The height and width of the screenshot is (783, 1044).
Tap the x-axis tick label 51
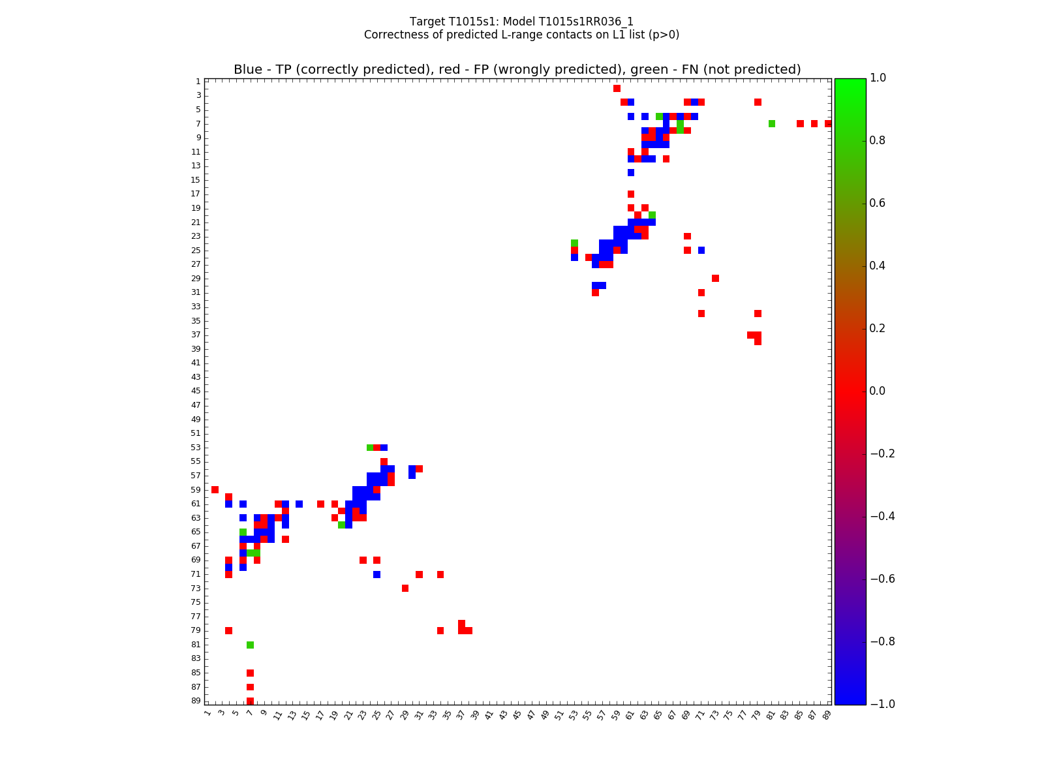[x=558, y=714]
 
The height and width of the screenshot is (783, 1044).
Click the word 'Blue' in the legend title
[x=248, y=70]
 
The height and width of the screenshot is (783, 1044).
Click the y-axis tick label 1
[x=198, y=82]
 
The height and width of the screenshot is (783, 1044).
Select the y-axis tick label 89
[x=196, y=701]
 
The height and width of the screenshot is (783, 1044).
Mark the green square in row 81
[x=250, y=645]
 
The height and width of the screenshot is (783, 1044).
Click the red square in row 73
[x=405, y=589]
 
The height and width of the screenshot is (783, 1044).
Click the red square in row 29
[x=715, y=279]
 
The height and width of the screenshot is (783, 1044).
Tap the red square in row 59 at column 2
[x=215, y=489]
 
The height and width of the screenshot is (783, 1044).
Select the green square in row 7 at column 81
[x=772, y=123]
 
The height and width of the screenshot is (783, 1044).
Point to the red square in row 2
[x=617, y=88]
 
